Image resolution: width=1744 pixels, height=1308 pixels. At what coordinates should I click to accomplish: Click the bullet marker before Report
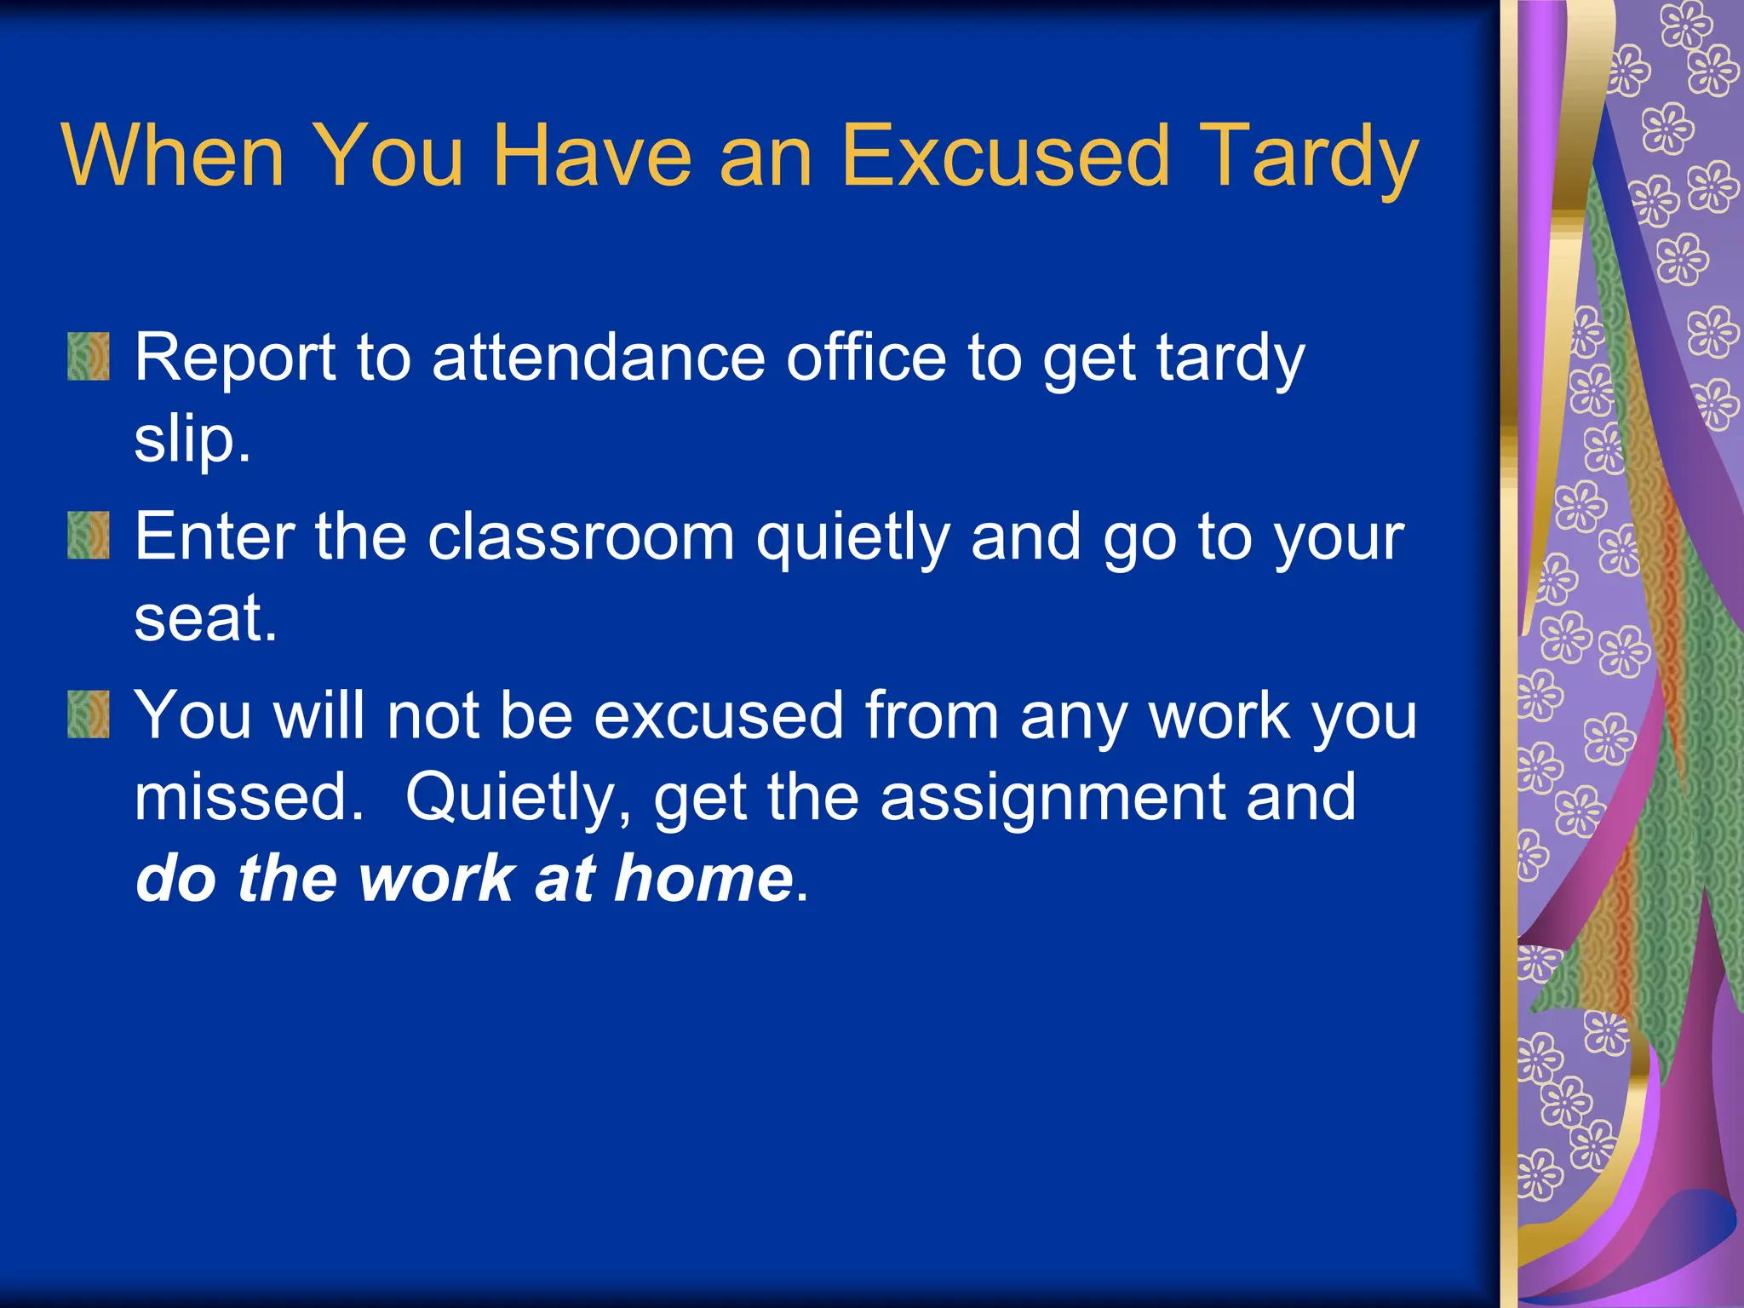(x=89, y=356)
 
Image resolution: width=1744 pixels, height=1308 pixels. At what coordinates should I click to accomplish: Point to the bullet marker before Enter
(x=89, y=535)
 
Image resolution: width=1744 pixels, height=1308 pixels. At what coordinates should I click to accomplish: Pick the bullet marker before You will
(x=89, y=714)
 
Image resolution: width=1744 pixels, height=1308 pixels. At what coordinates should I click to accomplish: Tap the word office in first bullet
(x=865, y=358)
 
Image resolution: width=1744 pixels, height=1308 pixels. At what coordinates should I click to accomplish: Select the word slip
(x=192, y=441)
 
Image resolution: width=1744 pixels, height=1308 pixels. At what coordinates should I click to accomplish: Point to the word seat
(x=204, y=618)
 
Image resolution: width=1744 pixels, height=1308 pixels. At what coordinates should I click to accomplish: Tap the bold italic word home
(x=703, y=879)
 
